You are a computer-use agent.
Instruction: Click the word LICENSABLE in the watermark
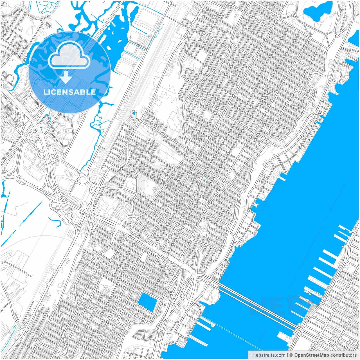69,92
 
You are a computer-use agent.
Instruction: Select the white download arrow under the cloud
66,77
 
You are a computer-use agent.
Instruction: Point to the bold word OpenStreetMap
312,355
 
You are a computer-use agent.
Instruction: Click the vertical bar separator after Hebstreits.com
287,355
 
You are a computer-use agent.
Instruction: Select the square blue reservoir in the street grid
148,302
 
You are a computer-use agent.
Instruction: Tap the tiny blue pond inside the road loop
133,114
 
